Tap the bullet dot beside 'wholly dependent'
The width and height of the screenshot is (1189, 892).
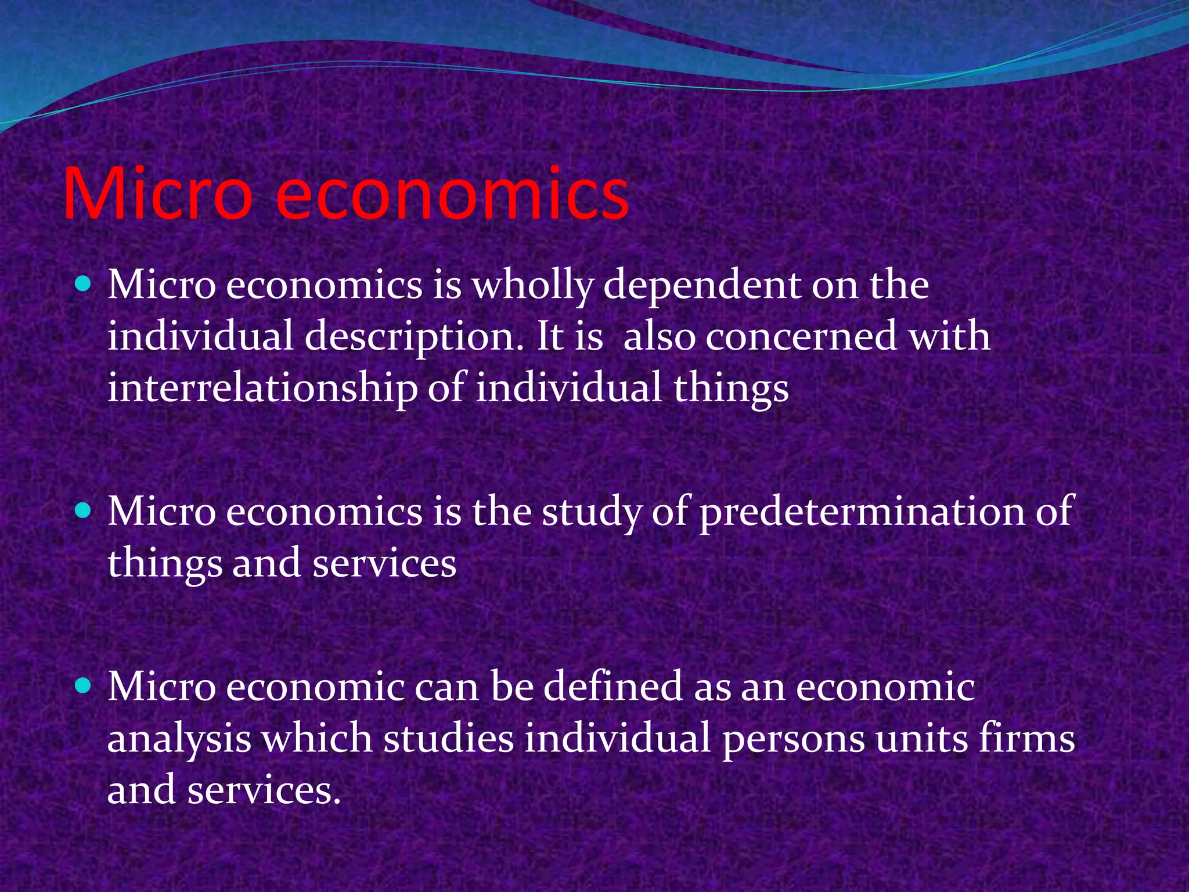84,284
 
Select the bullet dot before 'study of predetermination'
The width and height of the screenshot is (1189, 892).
84,510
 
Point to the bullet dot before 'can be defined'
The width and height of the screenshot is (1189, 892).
84,686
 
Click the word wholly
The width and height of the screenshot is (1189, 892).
533,286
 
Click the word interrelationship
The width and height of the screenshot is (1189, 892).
262,388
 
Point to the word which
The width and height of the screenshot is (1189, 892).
316,738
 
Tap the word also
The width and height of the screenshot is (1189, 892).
659,336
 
